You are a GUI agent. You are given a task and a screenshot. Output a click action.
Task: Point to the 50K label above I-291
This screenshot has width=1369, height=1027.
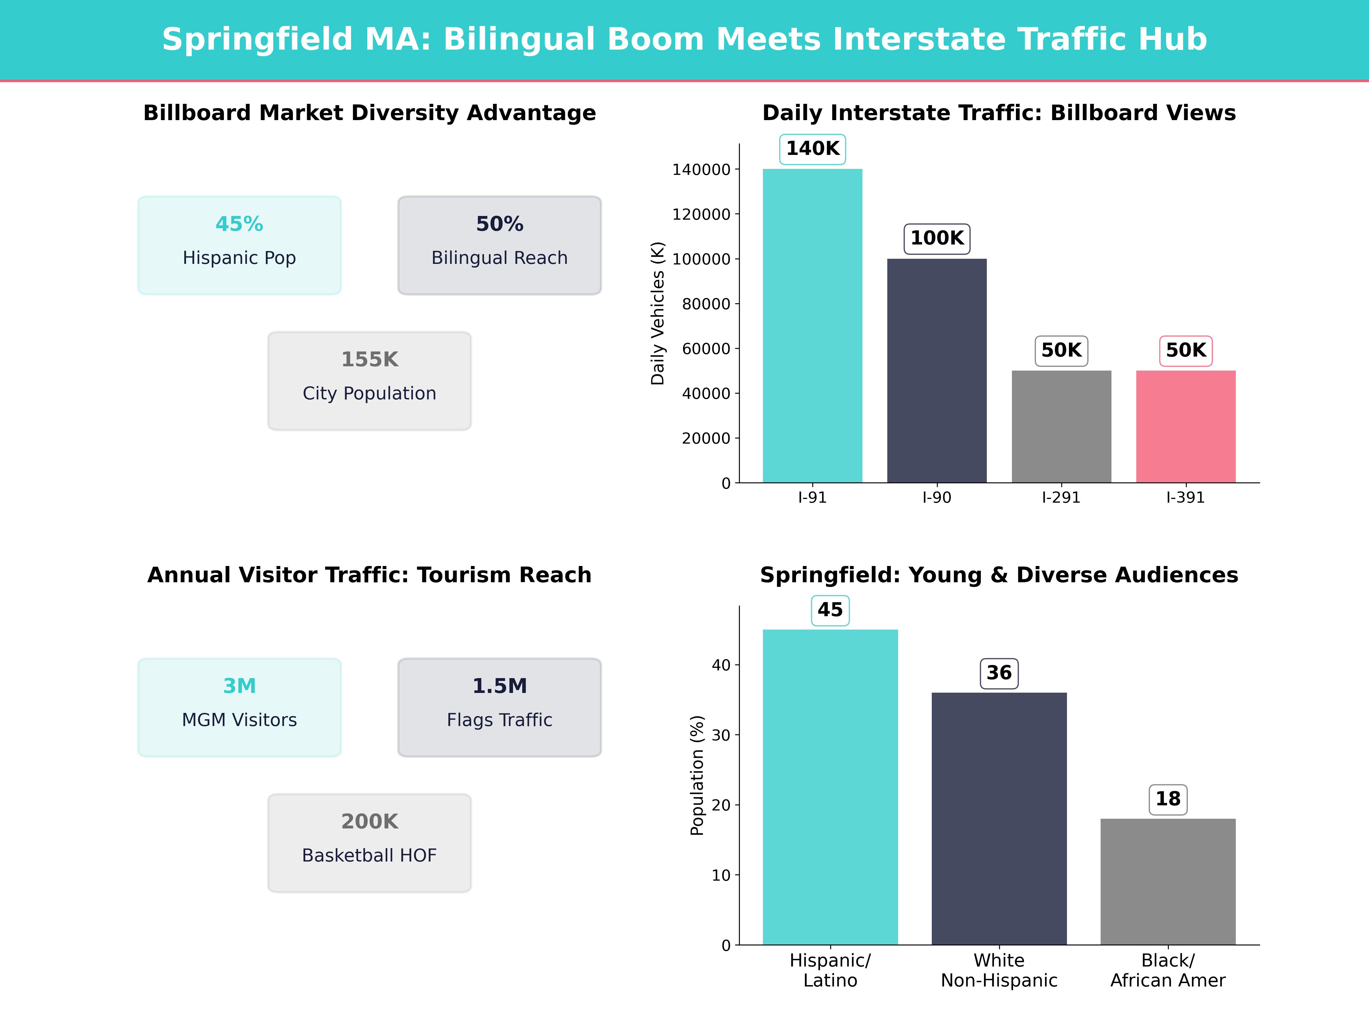[x=1061, y=350]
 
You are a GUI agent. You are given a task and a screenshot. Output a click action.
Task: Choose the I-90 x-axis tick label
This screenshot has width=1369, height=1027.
[x=936, y=498]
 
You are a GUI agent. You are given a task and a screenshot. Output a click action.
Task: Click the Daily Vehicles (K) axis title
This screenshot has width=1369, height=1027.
[x=657, y=313]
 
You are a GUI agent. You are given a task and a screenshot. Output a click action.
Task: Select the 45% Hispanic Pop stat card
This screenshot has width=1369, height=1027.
[x=240, y=245]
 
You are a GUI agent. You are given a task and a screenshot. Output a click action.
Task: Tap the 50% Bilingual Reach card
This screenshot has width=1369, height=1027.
[x=499, y=245]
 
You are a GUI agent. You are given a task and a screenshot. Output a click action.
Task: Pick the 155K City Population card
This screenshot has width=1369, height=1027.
[x=369, y=381]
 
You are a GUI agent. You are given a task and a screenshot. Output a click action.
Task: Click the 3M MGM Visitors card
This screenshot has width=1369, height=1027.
[x=240, y=707]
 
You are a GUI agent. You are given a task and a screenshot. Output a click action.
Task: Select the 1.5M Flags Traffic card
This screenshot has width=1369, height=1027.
[x=499, y=707]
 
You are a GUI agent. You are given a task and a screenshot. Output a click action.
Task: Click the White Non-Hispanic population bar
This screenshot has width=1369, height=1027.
[x=999, y=818]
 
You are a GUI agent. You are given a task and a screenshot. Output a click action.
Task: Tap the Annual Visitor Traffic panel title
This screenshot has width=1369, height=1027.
[x=369, y=575]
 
